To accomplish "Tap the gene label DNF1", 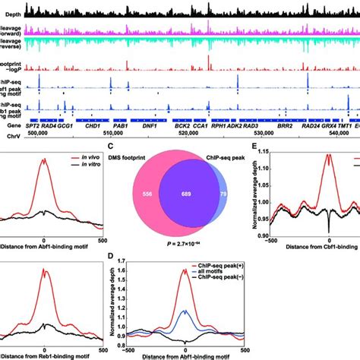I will pos(150,128).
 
